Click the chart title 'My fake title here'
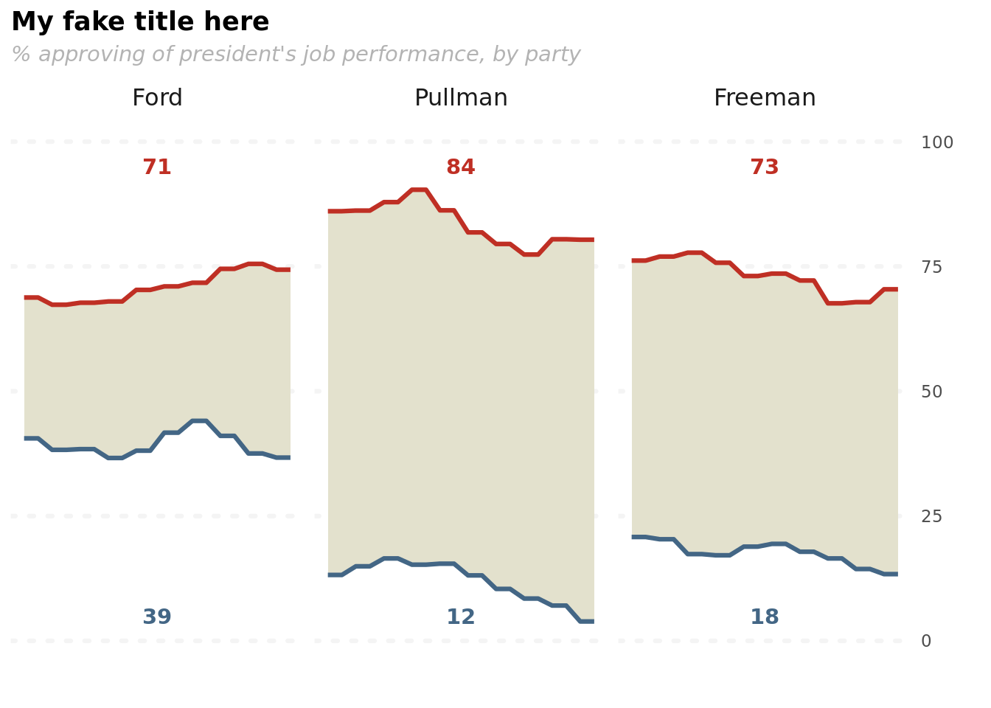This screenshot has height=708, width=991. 140,22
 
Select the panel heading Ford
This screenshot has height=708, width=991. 157,97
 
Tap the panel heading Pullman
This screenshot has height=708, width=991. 461,97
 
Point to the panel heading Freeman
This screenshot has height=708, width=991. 765,97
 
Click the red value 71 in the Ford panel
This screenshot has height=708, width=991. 157,167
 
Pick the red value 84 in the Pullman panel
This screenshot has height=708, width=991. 461,167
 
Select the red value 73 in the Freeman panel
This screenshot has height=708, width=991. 765,167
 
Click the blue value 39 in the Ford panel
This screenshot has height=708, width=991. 157,617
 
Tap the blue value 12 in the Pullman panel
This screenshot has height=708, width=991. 461,617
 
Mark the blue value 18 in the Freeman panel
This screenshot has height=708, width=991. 765,617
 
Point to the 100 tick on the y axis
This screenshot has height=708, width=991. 937,142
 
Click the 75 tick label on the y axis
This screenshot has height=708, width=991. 932,267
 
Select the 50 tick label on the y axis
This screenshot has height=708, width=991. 932,392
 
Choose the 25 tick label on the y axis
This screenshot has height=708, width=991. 932,516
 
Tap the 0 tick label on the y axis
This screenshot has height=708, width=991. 926,641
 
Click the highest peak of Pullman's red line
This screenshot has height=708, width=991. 419,190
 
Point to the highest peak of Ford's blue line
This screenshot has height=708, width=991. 200,421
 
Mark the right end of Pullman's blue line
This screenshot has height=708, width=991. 594,622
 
